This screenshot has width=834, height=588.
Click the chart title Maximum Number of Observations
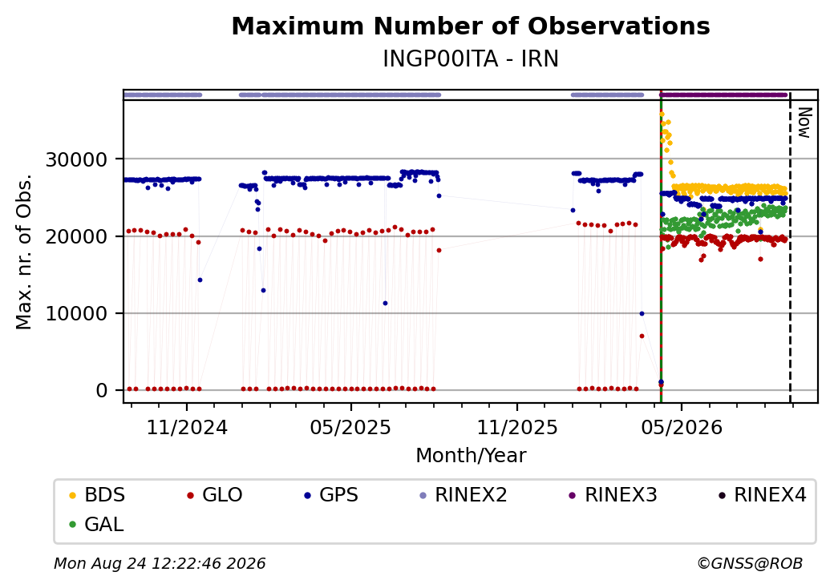click(471, 26)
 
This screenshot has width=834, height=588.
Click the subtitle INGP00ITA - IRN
click(471, 59)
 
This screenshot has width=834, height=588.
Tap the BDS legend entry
click(97, 495)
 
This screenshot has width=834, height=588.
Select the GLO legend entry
click(215, 495)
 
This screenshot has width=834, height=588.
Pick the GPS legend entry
click(331, 495)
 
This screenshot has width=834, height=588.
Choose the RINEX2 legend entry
click(464, 495)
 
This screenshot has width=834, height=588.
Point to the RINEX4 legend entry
click(762, 495)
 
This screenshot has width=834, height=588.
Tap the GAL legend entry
click(96, 524)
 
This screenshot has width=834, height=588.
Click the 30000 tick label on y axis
click(77, 159)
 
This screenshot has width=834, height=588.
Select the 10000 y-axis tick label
click(77, 314)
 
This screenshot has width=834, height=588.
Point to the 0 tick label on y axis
click(102, 391)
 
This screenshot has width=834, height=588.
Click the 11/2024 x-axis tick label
click(187, 428)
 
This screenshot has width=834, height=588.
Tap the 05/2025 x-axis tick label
click(350, 428)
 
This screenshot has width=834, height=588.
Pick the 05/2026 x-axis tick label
click(682, 428)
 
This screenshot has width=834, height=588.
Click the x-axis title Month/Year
click(471, 456)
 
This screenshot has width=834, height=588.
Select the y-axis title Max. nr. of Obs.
click(24, 252)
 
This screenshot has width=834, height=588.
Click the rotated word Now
click(804, 123)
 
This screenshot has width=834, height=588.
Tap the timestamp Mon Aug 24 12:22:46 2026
click(160, 563)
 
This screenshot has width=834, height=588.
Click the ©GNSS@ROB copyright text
click(750, 563)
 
